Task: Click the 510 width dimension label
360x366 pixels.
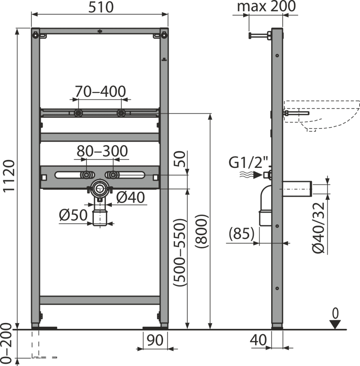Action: click(x=101, y=7)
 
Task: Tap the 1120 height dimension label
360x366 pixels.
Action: click(x=9, y=176)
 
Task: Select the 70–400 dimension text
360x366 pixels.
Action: click(x=100, y=91)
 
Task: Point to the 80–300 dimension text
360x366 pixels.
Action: click(x=102, y=151)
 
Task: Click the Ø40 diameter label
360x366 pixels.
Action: click(x=131, y=198)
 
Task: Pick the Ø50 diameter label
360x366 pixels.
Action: click(x=73, y=215)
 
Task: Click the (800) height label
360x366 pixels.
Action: click(x=201, y=231)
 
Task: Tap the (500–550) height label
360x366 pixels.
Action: click(x=180, y=253)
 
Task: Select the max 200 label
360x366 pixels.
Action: click(x=266, y=6)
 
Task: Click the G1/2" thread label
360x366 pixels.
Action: click(x=248, y=162)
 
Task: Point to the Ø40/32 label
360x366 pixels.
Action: click(x=319, y=227)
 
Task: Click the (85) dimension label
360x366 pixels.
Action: click(x=241, y=233)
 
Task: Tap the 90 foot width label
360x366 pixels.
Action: click(x=155, y=340)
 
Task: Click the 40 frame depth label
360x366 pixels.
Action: click(x=258, y=340)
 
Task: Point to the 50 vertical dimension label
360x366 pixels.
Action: click(x=180, y=159)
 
